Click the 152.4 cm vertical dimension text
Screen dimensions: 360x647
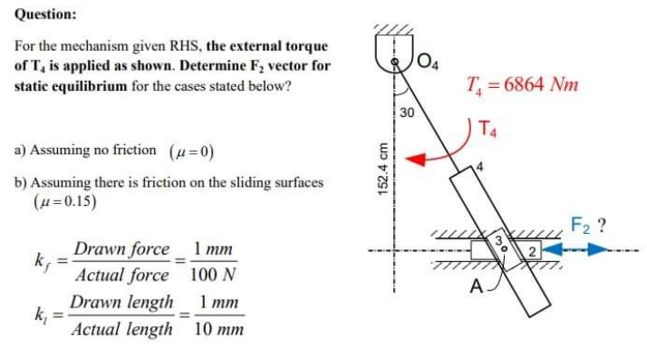pos(384,170)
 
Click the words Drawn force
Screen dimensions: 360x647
pos(121,248)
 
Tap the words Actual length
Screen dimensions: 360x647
pos(124,329)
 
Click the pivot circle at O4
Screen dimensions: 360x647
pos(394,62)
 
